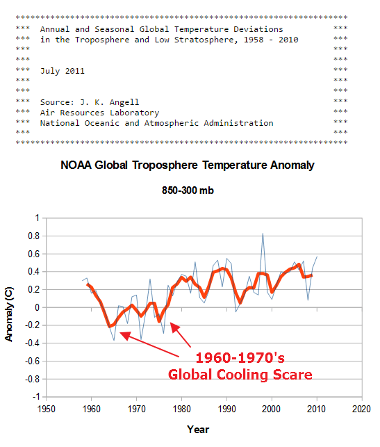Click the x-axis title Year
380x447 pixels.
[198, 429]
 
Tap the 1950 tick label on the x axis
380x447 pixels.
[47, 409]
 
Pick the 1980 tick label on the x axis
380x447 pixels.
[181, 409]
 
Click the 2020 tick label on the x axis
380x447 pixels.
[361, 409]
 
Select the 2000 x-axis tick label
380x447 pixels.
[272, 409]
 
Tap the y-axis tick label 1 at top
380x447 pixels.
[37, 218]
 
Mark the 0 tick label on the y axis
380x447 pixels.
[37, 307]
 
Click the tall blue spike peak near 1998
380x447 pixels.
[263, 234]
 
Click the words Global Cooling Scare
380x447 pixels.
[240, 375]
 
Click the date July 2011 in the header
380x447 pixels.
[63, 71]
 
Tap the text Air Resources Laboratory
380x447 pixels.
[99, 113]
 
